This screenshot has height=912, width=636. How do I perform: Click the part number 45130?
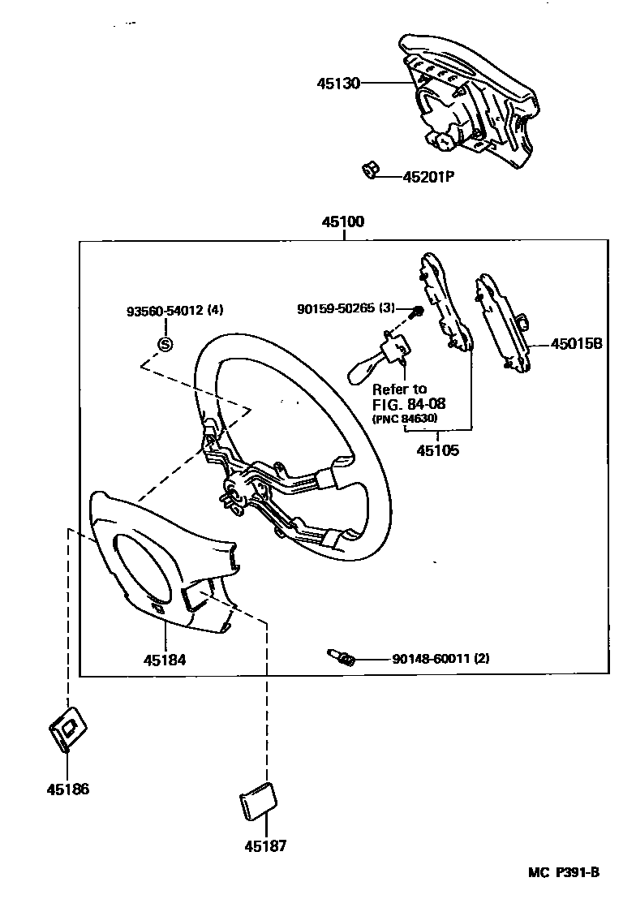(x=337, y=83)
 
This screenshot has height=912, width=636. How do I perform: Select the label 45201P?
(x=428, y=176)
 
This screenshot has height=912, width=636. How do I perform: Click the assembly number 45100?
(x=342, y=222)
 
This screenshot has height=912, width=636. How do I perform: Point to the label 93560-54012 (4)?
(x=174, y=311)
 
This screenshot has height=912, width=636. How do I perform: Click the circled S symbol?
(x=165, y=344)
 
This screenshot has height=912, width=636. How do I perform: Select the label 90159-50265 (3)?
(x=346, y=308)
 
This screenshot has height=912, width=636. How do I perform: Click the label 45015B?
(x=577, y=343)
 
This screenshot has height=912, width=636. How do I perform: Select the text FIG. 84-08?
(x=409, y=403)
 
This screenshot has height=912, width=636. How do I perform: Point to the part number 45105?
(x=437, y=450)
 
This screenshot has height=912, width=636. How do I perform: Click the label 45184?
(x=165, y=660)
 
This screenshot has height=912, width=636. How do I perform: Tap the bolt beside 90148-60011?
(x=340, y=656)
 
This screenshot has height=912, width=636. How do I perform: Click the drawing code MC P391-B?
(x=564, y=872)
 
